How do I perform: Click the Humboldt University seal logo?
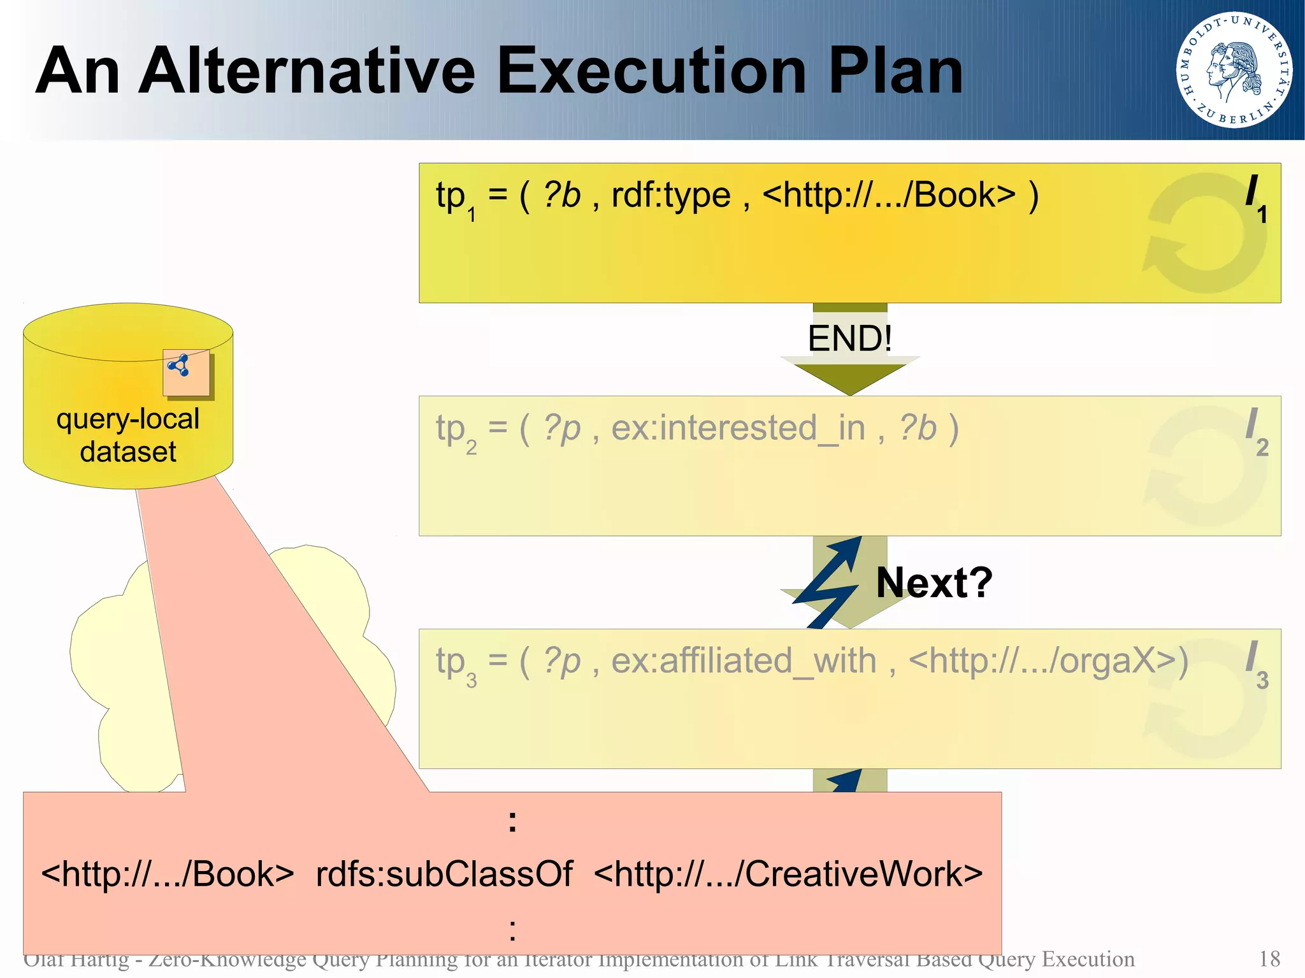point(1234,69)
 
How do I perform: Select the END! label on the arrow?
point(849,338)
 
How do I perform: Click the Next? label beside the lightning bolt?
point(934,582)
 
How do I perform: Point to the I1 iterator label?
point(1256,198)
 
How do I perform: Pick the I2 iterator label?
point(1256,432)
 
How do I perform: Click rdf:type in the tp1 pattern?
point(670,195)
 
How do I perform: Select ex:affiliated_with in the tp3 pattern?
point(744,661)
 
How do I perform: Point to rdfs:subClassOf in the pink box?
point(443,874)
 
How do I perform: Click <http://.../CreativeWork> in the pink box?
point(788,874)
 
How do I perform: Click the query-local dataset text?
point(127,435)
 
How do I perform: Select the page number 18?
point(1269,959)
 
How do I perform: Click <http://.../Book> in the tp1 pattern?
point(888,195)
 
